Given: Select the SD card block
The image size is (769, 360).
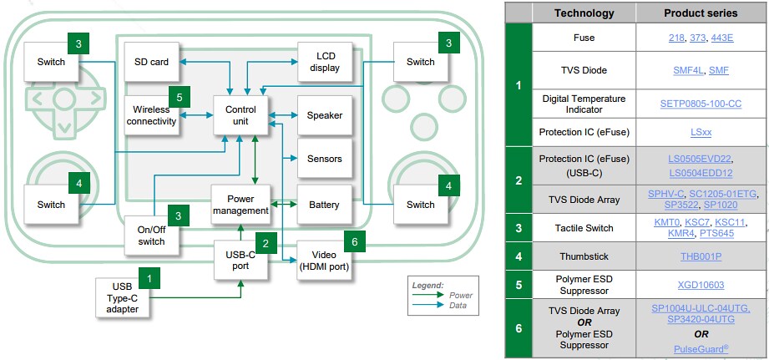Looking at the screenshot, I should (x=152, y=61).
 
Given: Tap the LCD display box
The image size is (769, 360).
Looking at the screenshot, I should (x=325, y=61).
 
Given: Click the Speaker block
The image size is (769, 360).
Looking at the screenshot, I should (x=325, y=115).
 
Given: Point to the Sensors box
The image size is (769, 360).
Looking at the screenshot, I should (x=325, y=159).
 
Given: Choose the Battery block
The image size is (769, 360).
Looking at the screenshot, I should (x=325, y=204).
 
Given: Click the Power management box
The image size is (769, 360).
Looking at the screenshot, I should (x=240, y=204).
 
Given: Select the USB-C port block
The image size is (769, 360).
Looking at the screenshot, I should (x=240, y=260).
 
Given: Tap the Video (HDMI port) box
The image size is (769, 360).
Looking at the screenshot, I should (x=326, y=260).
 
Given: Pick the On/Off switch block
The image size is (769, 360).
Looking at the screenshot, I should (x=152, y=235).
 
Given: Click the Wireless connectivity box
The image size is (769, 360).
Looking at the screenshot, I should (x=151, y=114).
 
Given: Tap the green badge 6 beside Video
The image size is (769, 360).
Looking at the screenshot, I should (x=353, y=241).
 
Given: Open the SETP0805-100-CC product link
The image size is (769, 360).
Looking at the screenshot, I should (x=701, y=104).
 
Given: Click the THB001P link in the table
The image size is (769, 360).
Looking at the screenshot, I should (x=701, y=256).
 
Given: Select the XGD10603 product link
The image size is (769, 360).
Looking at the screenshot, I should (x=701, y=286).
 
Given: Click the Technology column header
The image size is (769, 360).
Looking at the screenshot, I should (x=584, y=13).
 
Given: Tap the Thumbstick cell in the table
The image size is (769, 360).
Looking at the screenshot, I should (x=584, y=256).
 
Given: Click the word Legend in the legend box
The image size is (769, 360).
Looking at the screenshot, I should (x=428, y=285).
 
